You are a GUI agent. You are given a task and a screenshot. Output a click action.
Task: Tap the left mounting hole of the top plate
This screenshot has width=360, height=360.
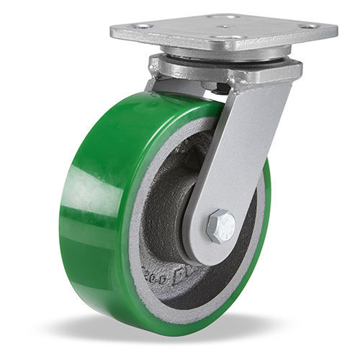[141, 26]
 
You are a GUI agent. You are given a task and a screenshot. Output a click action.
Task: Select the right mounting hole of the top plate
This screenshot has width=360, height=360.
[312, 27]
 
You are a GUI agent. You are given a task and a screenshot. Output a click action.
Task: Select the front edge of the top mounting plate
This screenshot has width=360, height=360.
[216, 45]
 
